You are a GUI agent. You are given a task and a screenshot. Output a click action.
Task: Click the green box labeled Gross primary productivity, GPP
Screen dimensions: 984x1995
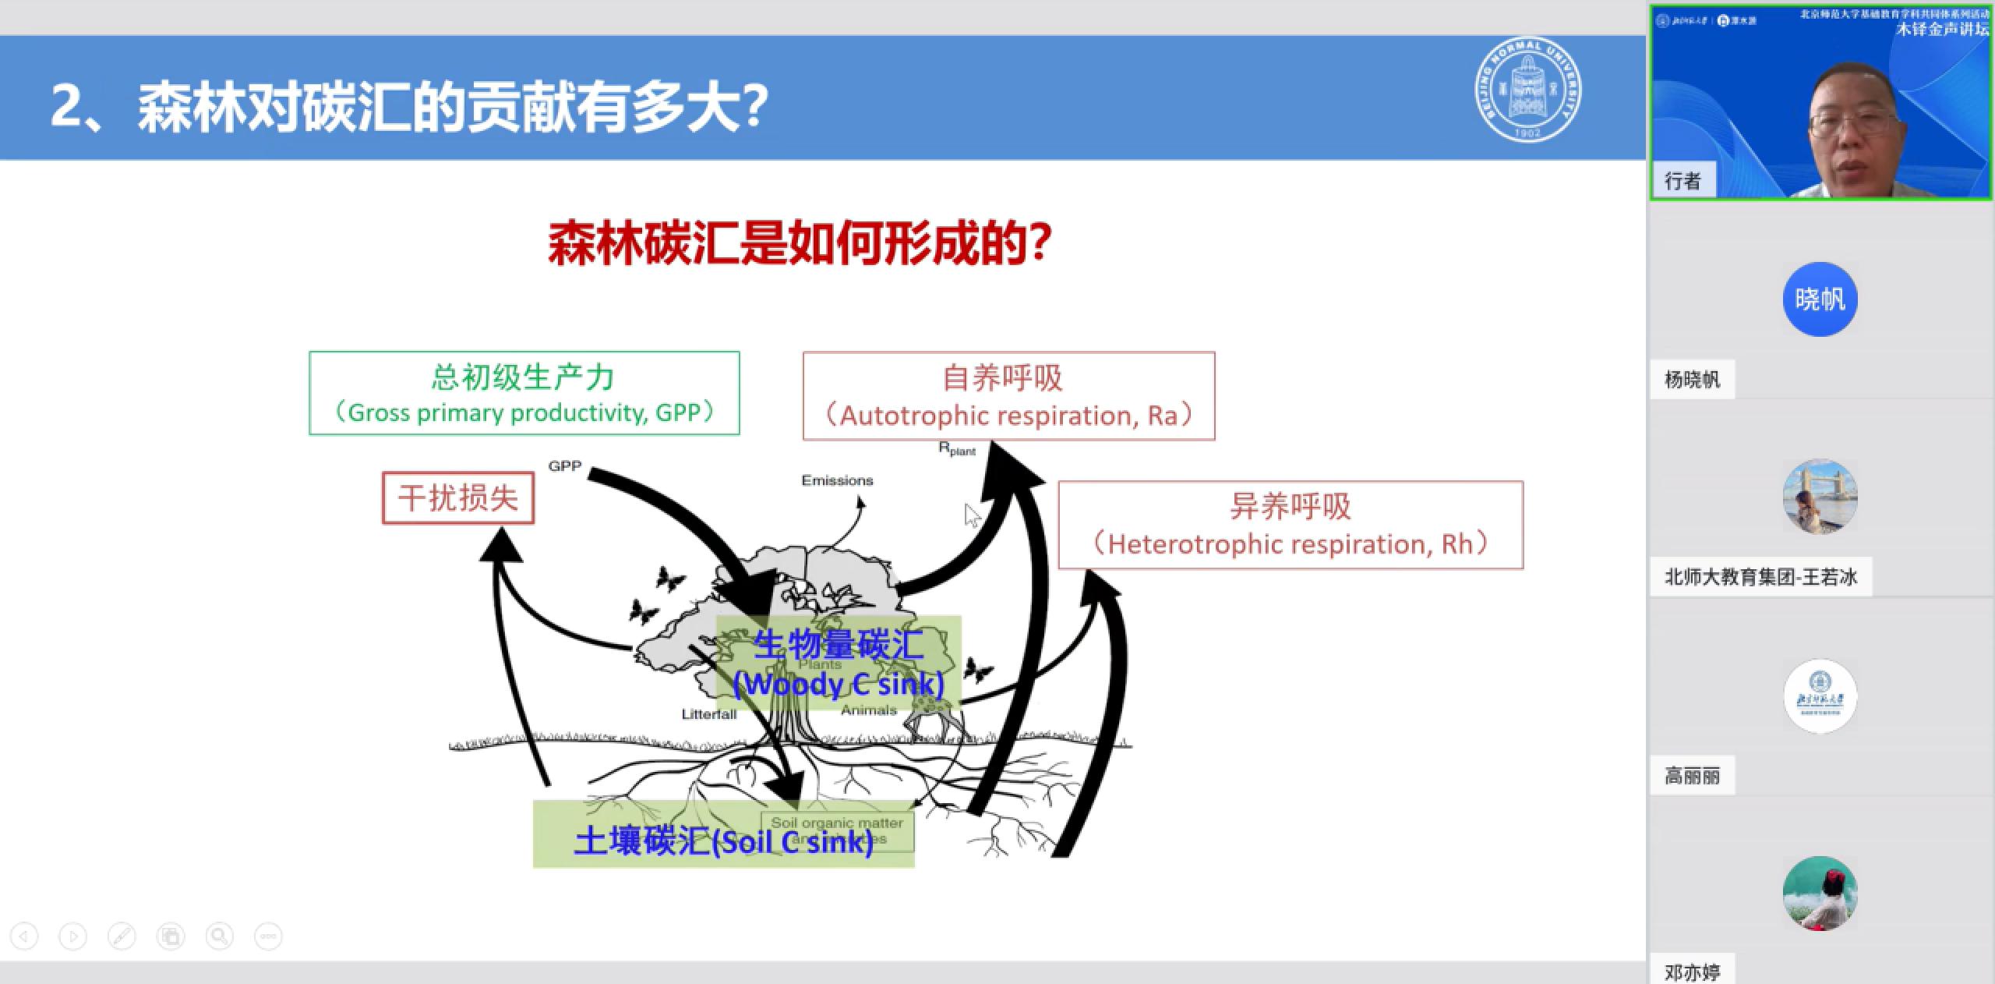[524, 393]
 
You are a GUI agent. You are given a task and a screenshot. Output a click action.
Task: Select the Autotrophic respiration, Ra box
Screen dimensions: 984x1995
[1008, 396]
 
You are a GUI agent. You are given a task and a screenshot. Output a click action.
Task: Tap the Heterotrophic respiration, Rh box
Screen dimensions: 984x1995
[1290, 525]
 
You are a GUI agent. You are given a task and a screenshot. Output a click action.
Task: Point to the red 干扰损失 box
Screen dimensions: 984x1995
[458, 498]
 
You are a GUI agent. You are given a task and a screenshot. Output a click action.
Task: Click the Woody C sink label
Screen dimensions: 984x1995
[839, 684]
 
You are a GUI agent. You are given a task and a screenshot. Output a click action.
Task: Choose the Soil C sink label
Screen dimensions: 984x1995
[723, 841]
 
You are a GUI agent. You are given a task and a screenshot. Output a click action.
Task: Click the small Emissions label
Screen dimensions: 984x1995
[837, 480]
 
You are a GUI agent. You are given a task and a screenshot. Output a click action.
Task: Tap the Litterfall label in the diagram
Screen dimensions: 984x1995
[708, 713]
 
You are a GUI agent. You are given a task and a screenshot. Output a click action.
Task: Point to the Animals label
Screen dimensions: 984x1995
[868, 710]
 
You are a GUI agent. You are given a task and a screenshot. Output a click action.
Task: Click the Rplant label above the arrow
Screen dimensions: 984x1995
[956, 449]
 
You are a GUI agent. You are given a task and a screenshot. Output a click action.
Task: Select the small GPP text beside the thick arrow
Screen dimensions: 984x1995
[564, 465]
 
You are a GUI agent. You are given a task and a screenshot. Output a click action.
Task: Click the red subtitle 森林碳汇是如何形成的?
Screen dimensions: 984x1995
[800, 244]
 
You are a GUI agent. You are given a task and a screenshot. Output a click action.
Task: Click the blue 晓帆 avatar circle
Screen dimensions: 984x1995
[1820, 299]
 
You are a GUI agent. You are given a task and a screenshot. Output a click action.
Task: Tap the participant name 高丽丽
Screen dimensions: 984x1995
[1692, 776]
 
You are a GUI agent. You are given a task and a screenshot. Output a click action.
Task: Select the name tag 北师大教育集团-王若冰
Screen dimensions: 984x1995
[1760, 577]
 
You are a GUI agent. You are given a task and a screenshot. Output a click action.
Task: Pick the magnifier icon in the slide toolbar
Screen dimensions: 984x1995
[219, 936]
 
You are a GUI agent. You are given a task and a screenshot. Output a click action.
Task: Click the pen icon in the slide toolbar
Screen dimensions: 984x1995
[122, 936]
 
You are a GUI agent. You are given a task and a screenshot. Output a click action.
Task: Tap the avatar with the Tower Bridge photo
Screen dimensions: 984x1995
[1820, 497]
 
